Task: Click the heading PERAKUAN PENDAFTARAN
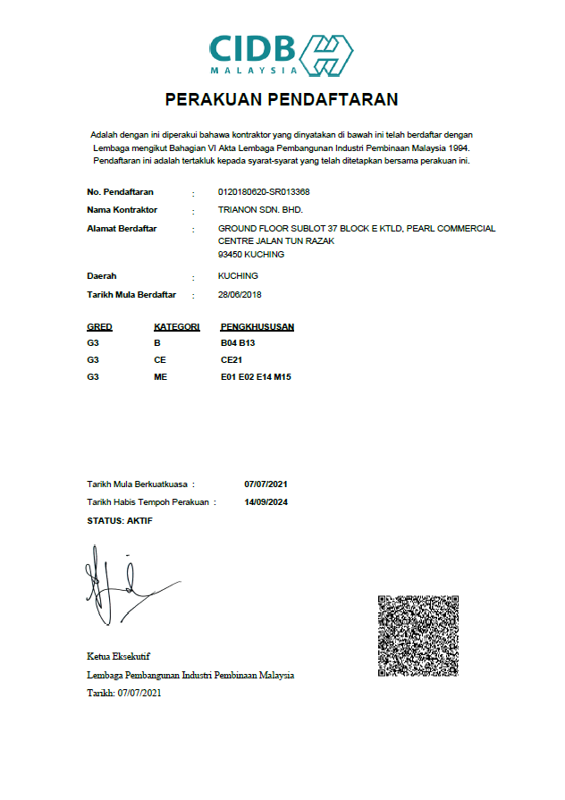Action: coord(282,99)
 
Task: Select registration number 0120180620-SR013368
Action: coord(264,192)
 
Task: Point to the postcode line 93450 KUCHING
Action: coord(251,254)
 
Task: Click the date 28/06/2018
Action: coord(240,294)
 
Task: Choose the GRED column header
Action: coord(99,326)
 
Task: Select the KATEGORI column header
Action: coord(176,326)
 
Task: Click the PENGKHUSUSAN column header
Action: coord(257,326)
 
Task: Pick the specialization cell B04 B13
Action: coord(238,342)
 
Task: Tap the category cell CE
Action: coord(160,359)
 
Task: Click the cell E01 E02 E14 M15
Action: coord(256,377)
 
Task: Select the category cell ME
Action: coord(160,377)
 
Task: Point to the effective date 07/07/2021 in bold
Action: coord(266,484)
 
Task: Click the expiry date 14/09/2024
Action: coord(266,501)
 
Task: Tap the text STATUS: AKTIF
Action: coord(120,520)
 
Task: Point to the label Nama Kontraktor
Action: coord(122,210)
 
